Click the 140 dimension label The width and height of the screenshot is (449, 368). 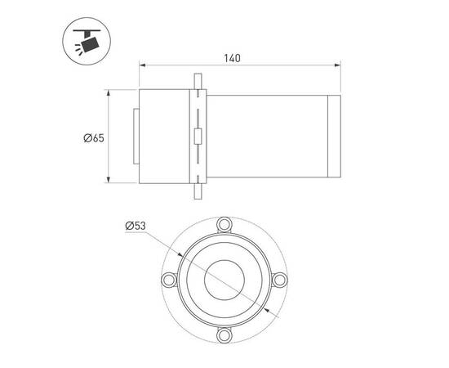(232, 58)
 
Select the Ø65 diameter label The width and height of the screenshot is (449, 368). (94, 138)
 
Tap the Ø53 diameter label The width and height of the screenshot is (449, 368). (136, 226)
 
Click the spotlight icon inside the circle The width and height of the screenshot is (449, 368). (87, 40)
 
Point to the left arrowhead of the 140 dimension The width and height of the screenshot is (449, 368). (142, 65)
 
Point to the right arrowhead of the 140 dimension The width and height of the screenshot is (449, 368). (338, 65)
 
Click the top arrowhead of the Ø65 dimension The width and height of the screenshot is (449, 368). (109, 93)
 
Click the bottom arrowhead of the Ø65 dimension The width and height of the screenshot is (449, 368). (109, 180)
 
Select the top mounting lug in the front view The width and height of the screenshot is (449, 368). (224, 224)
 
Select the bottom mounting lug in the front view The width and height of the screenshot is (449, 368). (224, 335)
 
